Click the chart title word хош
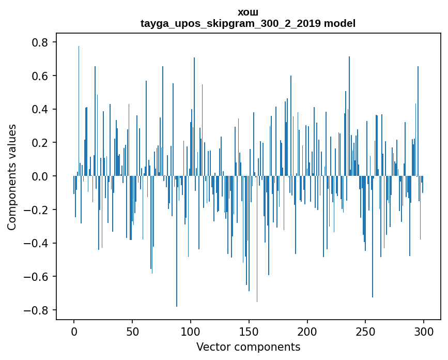tap(248, 12)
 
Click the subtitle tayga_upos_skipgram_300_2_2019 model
tap(248, 23)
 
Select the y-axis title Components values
tap(12, 177)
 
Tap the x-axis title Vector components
tap(248, 347)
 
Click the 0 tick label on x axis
tap(74, 331)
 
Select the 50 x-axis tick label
tap(132, 331)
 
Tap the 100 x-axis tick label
tap(191, 331)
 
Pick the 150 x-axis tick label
tap(249, 331)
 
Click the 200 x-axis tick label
tap(307, 331)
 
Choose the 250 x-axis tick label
tap(365, 331)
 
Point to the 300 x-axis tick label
tap(424, 331)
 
